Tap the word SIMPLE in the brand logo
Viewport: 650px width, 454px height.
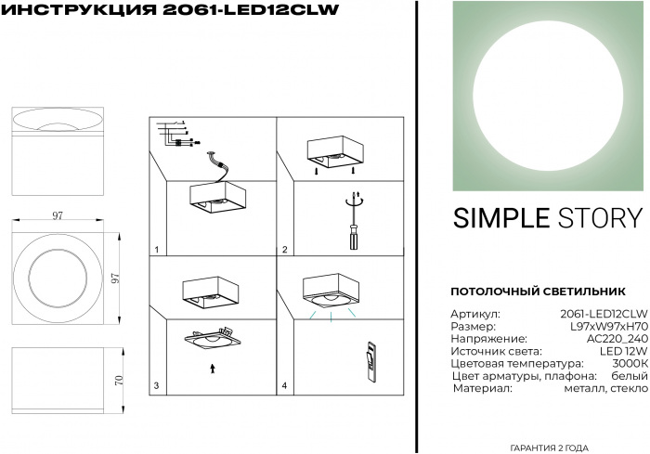pos(500,218)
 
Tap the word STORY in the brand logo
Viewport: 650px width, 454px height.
pos(598,218)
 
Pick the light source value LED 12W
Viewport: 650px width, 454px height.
pos(624,352)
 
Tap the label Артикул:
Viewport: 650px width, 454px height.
pos(475,315)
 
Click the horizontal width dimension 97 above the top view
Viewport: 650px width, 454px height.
pos(58,215)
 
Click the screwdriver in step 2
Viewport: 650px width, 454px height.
pos(353,223)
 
